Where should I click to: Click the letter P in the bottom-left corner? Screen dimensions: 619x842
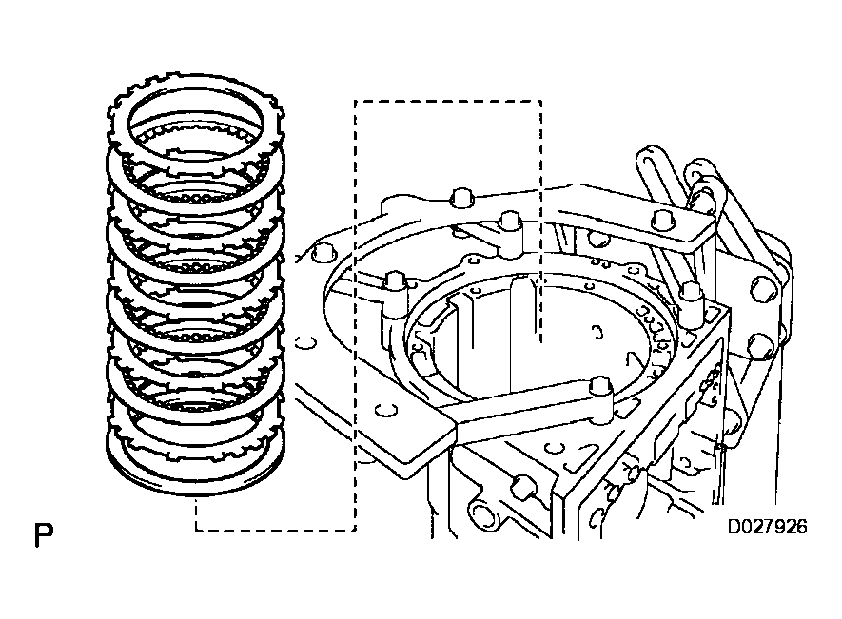point(43,535)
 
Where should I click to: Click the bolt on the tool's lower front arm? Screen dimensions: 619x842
point(598,386)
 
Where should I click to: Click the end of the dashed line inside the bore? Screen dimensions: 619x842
point(539,339)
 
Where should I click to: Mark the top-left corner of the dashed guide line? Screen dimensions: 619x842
point(354,101)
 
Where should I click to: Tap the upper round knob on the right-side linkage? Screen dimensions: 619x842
point(764,288)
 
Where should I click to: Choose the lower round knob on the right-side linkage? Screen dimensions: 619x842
point(761,345)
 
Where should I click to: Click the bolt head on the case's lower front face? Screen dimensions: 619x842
point(521,489)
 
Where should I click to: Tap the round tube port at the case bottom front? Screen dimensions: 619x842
point(482,514)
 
